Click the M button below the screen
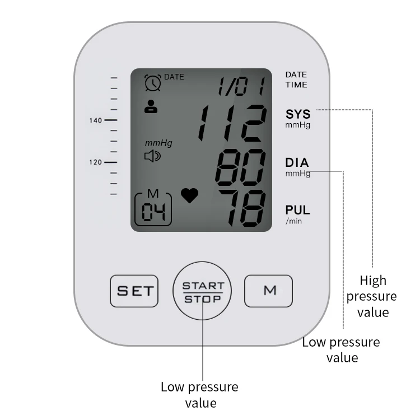point(268,291)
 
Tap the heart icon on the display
point(190,195)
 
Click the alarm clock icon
point(152,83)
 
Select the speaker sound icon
point(152,156)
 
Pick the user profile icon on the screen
point(151,106)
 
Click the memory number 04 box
point(153,208)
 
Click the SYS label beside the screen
point(297,114)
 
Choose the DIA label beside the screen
point(297,163)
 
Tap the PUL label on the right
point(297,211)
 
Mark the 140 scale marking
point(95,120)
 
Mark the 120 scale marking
point(95,162)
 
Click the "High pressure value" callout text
point(373,296)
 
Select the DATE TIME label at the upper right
point(296,80)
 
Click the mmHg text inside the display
point(158,143)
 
